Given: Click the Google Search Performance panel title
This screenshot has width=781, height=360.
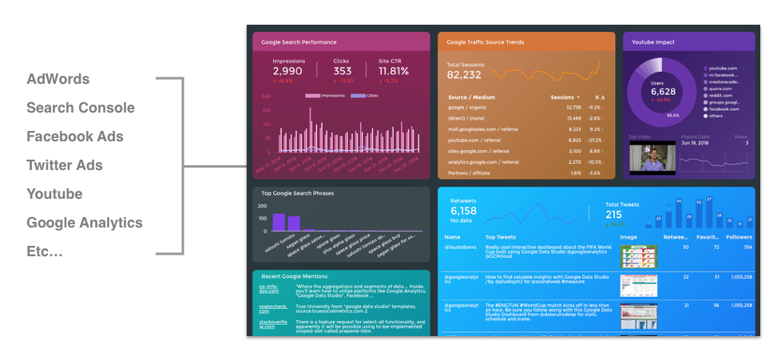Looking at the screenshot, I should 299,42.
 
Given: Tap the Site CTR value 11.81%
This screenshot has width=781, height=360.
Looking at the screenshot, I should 394,71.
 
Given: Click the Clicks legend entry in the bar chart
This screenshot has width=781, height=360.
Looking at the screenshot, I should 364,96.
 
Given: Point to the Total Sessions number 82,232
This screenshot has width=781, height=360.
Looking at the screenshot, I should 464,75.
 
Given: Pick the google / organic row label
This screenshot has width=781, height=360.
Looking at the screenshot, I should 467,107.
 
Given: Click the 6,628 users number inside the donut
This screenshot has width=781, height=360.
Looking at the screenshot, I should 663,92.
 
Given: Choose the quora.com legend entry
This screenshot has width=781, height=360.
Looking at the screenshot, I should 720,89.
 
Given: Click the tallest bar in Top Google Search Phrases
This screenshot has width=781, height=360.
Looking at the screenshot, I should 279,222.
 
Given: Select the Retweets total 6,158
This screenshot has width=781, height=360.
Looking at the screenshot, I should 464,211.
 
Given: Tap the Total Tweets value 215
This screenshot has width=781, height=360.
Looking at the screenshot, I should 614,214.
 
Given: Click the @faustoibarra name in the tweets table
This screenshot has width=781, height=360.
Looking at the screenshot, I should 461,248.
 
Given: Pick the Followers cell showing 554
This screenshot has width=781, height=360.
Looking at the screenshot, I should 747,247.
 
